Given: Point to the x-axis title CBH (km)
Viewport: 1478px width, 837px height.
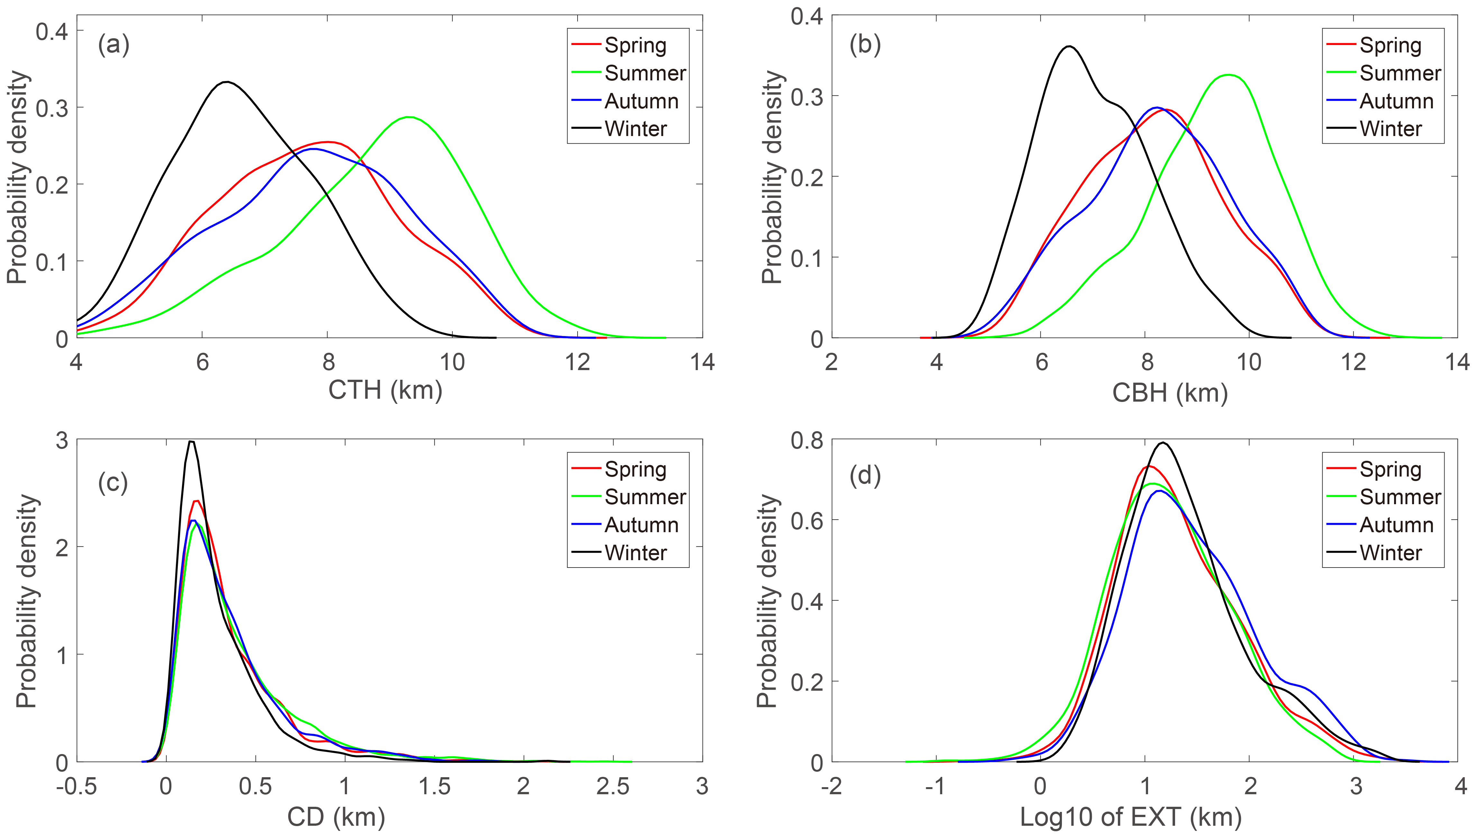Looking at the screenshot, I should point(1170,393).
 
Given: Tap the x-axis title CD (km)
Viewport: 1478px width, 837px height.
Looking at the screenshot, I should point(336,817).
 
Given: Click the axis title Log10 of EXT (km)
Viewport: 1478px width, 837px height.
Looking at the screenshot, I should point(1131,817).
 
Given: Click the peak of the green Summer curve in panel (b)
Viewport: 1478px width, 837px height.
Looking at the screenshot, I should point(1228,75).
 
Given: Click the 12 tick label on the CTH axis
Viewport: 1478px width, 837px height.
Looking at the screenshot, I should point(577,363).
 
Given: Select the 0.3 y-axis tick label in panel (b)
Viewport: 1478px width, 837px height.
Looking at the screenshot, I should point(807,96).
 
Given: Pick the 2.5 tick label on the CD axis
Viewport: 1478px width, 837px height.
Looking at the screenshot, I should point(612,787).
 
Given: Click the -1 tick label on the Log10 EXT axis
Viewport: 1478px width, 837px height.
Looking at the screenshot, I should point(935,787).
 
